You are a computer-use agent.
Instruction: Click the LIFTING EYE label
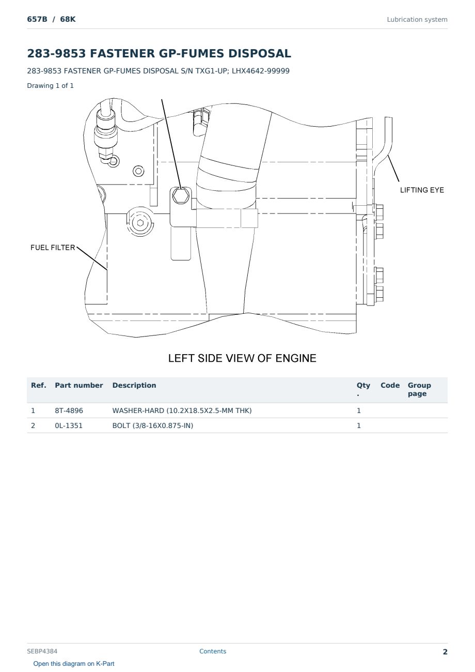tap(422, 190)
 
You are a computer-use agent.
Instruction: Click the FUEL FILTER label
tap(53, 248)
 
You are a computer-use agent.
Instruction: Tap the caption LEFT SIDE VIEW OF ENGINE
tap(242, 358)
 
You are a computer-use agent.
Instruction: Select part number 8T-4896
tap(69, 410)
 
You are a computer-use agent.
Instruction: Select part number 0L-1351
tap(69, 425)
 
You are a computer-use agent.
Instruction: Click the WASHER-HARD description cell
tap(182, 410)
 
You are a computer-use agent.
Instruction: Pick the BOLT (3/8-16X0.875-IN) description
tap(153, 425)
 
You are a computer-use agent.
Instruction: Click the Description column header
tap(134, 385)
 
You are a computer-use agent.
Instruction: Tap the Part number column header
tap(79, 385)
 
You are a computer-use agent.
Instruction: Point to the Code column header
tap(390, 385)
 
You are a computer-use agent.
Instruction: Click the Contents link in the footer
tap(213, 651)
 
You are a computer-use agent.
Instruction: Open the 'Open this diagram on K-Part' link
tap(74, 663)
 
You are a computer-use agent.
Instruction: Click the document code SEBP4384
tap(42, 651)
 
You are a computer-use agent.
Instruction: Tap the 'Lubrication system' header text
tap(417, 20)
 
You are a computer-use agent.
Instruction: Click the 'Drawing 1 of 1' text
tap(51, 85)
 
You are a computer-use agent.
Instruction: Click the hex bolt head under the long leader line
tap(181, 196)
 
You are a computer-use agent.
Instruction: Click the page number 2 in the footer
tap(445, 651)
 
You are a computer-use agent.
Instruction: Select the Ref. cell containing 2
tap(33, 425)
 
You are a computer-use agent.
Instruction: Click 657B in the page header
tap(37, 19)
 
